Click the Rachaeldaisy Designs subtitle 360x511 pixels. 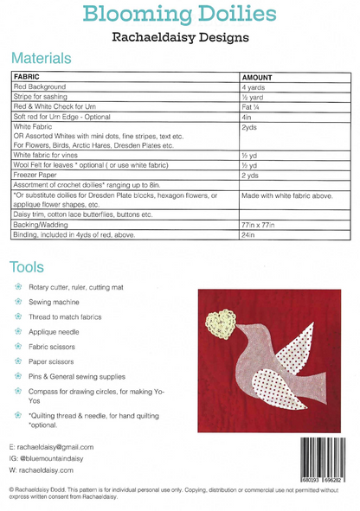click(x=180, y=37)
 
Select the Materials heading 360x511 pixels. click(x=41, y=59)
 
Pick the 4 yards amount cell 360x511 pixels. click(x=256, y=87)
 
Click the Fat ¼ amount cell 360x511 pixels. click(x=254, y=106)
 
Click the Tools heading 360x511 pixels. click(x=29, y=265)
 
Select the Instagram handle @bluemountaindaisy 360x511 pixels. click(x=57, y=458)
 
